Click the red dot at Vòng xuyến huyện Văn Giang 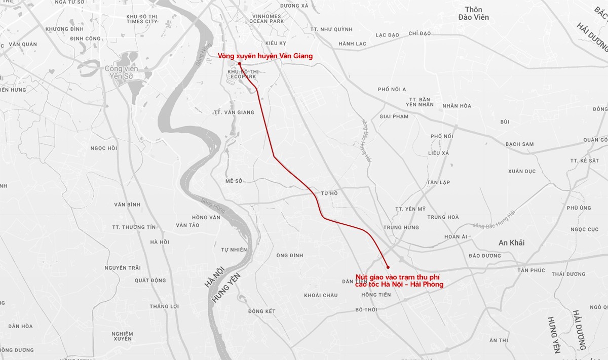click(239, 64)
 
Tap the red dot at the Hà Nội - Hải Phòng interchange click(388, 267)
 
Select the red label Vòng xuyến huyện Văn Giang click(265, 56)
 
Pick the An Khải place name click(511, 243)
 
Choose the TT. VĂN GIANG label click(234, 112)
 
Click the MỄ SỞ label click(235, 181)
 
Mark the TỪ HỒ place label click(329, 193)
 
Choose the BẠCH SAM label click(519, 144)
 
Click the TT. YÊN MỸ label click(410, 209)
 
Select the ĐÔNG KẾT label click(262, 311)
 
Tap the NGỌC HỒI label click(103, 148)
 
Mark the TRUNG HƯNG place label click(400, 228)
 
